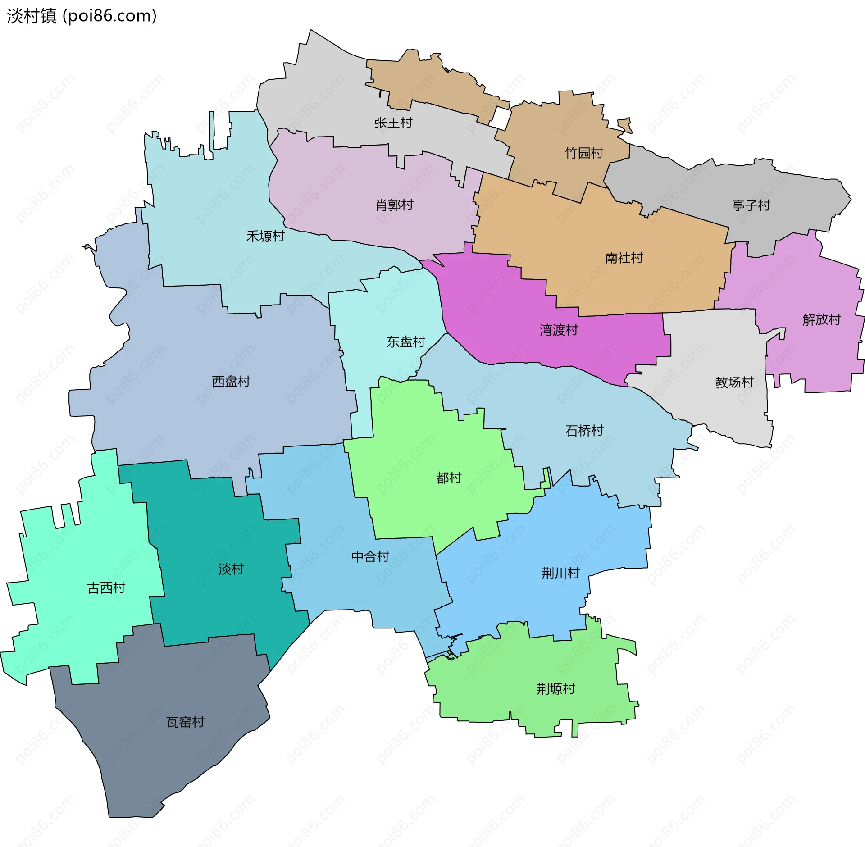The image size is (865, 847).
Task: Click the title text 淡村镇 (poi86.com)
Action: pos(82,16)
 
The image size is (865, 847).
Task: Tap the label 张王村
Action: pos(393,123)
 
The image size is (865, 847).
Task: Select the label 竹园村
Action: pos(584,153)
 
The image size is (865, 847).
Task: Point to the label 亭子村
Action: pos(751,205)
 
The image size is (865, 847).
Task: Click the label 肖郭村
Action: pos(394,205)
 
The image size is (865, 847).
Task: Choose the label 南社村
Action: pos(624,258)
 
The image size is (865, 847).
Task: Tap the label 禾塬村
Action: pos(265,236)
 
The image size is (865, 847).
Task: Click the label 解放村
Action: pos(822,319)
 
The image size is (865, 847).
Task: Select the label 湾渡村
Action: pos(559,330)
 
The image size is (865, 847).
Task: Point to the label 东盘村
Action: pos(406,342)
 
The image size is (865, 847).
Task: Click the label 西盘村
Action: pos(231,382)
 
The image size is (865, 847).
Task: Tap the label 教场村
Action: pos(734,382)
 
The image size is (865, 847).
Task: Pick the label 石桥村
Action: pos(584,431)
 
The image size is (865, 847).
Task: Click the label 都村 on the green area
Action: pos(449,478)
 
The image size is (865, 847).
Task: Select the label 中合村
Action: pos(370,557)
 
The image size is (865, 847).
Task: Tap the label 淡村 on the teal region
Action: pos(231,569)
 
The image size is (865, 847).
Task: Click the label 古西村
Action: pos(106,588)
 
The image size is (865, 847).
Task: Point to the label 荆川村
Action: pos(560,573)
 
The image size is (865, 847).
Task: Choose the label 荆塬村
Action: pos(556,688)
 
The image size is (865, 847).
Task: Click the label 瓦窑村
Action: pos(186,722)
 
